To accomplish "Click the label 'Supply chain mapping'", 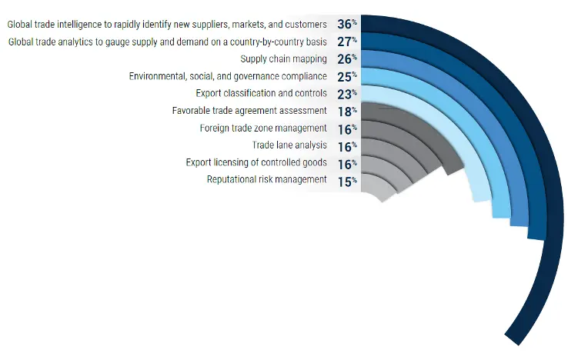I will tap(283, 59).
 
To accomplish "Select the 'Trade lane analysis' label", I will tap(289, 145).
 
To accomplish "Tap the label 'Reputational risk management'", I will tap(266, 180).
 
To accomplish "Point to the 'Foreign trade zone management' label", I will tap(263, 128).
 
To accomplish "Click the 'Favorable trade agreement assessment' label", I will tap(249, 111).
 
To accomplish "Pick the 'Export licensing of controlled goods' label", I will tap(256, 162).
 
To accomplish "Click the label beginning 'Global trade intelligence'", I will tap(167, 25).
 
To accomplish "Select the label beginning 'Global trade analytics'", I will tap(167, 42).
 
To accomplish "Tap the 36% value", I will tap(346, 25).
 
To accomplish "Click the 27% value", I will tap(346, 42).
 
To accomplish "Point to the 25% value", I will tap(346, 76).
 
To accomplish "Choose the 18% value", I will tap(346, 111).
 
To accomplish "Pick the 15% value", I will tap(346, 180).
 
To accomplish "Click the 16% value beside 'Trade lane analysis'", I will tap(346, 145).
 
